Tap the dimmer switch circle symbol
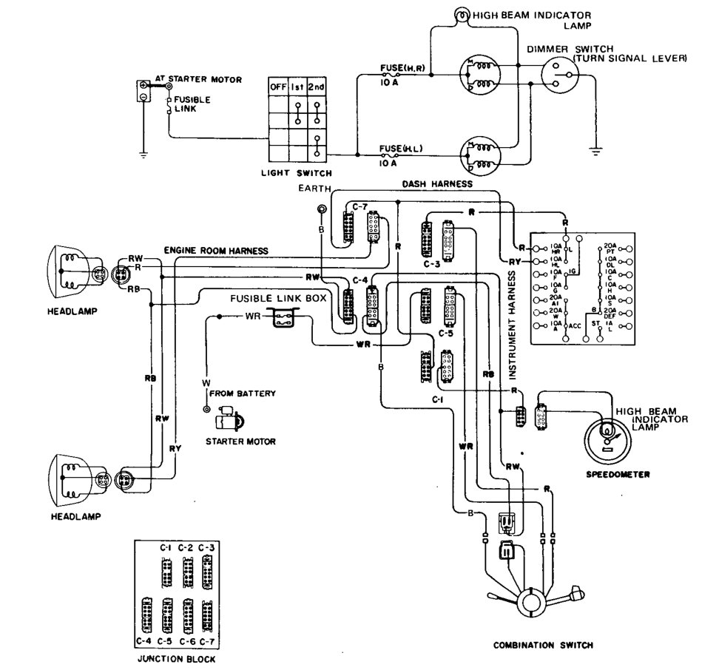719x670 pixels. coord(561,75)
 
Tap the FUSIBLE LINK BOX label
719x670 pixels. coord(259,297)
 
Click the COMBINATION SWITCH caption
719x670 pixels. coord(543,644)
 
